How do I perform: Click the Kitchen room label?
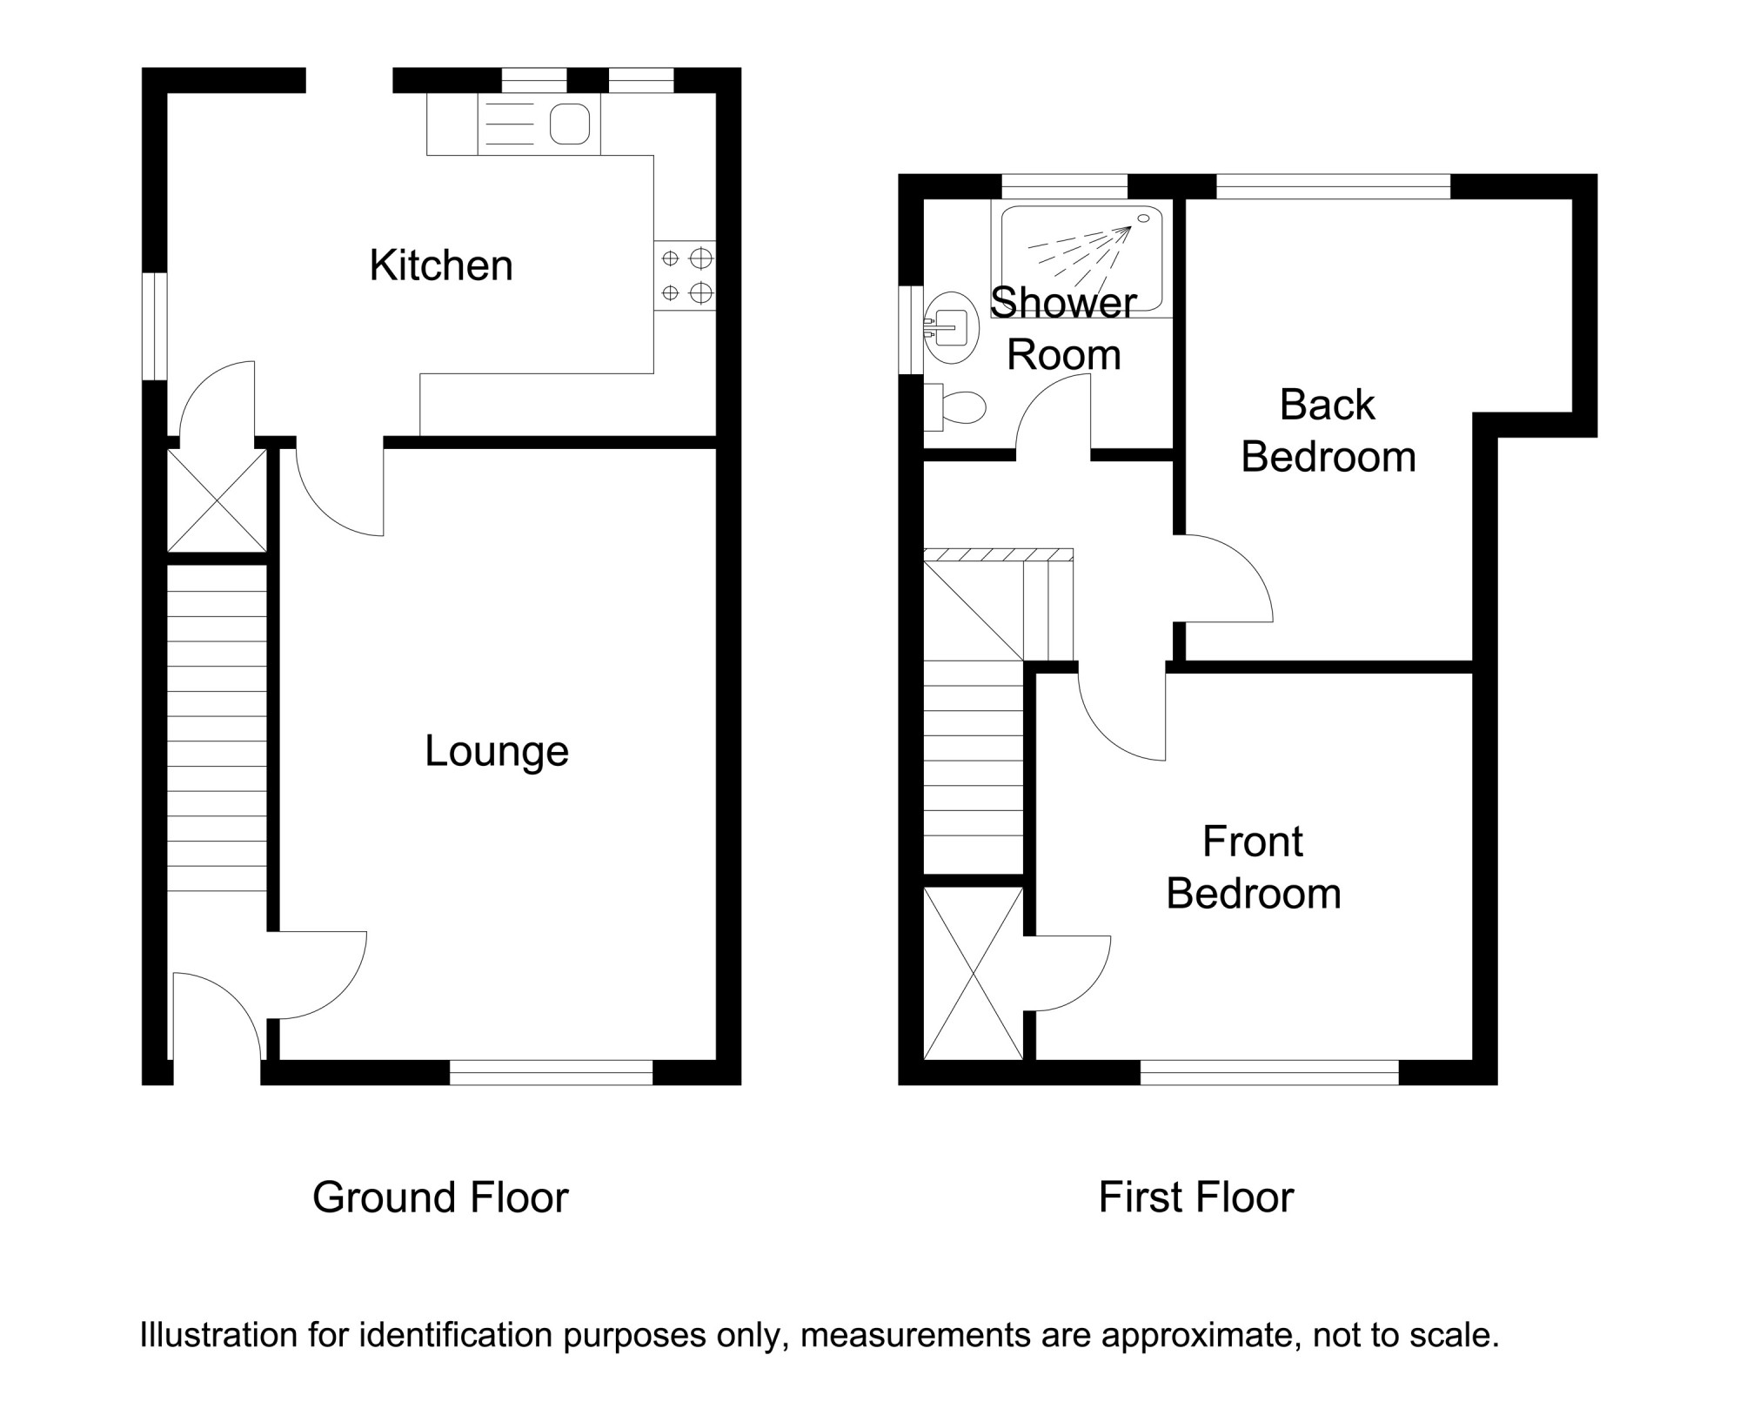click(x=441, y=265)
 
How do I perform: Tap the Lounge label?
click(x=497, y=751)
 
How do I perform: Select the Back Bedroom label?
click(x=1328, y=431)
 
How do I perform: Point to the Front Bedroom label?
click(x=1254, y=868)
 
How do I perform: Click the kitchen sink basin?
click(x=570, y=124)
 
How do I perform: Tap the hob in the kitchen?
click(x=686, y=275)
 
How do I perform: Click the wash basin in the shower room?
click(x=952, y=328)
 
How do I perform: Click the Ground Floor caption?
click(x=440, y=1197)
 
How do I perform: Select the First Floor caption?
click(x=1196, y=1197)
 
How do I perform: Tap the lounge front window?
click(x=551, y=1072)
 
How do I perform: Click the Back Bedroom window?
click(x=1333, y=186)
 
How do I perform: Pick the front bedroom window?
click(x=1269, y=1072)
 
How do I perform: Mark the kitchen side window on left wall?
click(x=155, y=326)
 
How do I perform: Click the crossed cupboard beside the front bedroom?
click(x=974, y=974)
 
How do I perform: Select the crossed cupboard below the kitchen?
click(x=217, y=500)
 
